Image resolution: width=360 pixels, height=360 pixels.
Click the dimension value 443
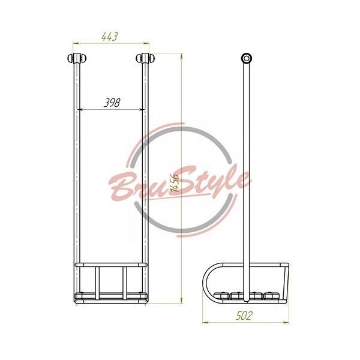coord(110,37)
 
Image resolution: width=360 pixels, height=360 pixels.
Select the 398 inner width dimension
coord(112,103)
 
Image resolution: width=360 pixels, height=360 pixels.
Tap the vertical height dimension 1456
coord(175,183)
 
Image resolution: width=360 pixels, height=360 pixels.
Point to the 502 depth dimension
coord(244,316)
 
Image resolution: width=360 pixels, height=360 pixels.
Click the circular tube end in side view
coord(247,58)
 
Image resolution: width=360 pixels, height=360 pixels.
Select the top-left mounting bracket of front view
coord(77,58)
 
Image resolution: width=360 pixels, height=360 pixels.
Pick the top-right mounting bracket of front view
coord(145,58)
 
